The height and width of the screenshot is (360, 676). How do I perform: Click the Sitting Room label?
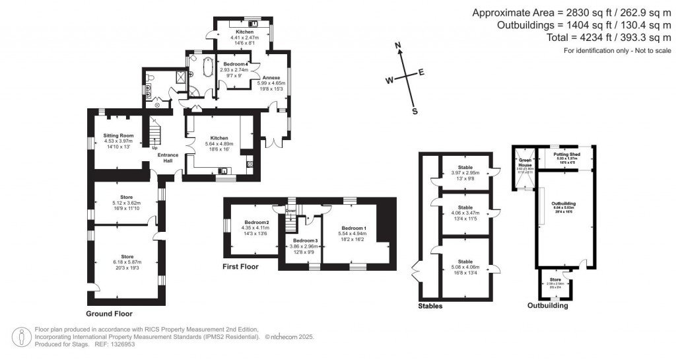[118, 135]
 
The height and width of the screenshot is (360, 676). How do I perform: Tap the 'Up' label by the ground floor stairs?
[154, 148]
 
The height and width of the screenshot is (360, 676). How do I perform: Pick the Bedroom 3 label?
[306, 240]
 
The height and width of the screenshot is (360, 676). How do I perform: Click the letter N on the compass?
[398, 46]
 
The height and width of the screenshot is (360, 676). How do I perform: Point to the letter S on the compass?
[415, 111]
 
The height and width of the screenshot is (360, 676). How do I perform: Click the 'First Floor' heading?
[241, 267]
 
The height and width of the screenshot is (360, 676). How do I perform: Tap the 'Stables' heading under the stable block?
[431, 306]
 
